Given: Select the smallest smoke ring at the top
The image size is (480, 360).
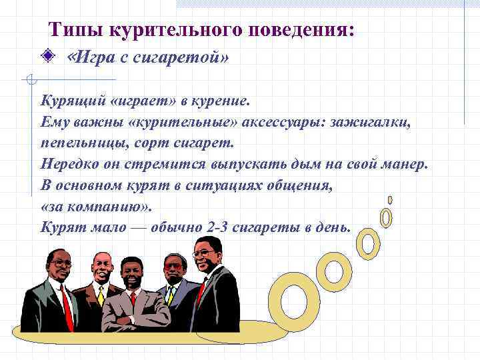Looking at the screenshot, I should [390, 199].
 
